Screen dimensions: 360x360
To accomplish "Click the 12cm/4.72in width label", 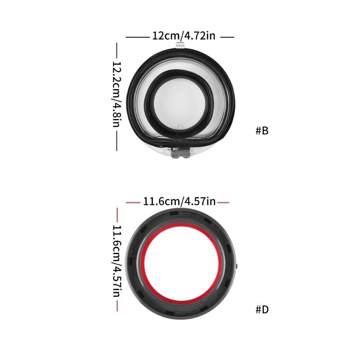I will click(180, 36).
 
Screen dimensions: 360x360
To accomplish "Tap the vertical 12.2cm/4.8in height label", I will click(117, 94).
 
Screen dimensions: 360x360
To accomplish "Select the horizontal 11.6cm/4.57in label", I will click(180, 202).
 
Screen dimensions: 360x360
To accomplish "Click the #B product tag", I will click(262, 131).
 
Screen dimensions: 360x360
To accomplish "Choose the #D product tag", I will click(262, 310).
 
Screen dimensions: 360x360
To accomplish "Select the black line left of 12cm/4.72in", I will click(136, 37).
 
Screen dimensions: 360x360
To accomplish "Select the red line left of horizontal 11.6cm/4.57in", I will click(133, 203).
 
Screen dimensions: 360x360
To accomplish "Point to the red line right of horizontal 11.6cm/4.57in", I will click(223, 203).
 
